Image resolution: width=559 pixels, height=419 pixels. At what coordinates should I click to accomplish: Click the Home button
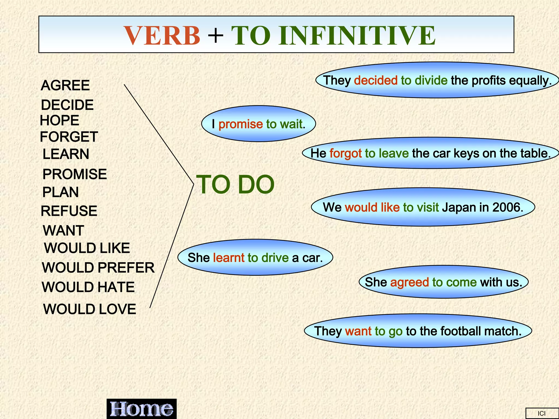141,409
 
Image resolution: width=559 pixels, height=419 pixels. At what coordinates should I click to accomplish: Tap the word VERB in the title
162,35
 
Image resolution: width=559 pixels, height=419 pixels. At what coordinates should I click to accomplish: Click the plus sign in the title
216,35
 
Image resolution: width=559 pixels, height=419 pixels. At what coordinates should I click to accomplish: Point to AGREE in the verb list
65,85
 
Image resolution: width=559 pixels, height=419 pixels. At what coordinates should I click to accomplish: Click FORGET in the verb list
69,137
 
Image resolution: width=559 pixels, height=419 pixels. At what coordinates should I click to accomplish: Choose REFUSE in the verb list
69,211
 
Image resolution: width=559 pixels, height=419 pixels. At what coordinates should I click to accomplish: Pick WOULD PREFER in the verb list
98,268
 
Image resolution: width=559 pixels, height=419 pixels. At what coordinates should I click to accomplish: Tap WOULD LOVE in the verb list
90,309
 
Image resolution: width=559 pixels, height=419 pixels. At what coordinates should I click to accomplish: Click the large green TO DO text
235,185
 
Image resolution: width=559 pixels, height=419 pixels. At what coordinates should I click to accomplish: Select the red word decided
376,80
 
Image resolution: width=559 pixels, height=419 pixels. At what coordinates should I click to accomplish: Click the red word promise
240,124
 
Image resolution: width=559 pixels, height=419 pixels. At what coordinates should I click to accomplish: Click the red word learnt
229,258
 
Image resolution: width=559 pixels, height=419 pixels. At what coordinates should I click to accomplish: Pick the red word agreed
409,282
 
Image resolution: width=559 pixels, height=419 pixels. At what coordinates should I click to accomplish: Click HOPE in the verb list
60,121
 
